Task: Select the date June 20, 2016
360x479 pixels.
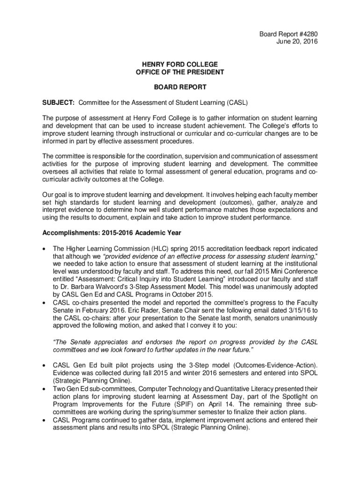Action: point(297,42)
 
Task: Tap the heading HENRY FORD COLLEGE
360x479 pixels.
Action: point(180,64)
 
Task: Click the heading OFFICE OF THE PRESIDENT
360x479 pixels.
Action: point(180,72)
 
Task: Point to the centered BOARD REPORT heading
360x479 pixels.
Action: point(180,87)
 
